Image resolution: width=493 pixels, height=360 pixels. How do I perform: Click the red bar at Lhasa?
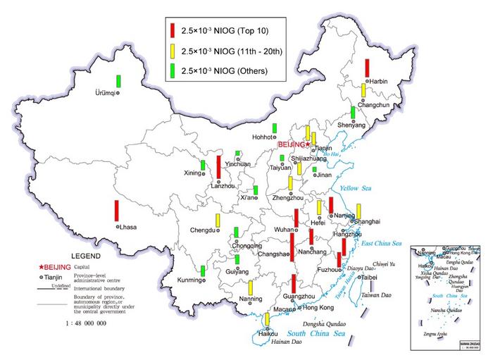[117, 211]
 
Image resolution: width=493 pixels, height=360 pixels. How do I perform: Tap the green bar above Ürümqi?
[120, 80]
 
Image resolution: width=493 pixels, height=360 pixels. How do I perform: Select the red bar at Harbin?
[367, 68]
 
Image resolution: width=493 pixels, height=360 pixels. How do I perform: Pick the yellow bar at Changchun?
[363, 90]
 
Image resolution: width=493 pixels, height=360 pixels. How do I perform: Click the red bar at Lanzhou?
[219, 167]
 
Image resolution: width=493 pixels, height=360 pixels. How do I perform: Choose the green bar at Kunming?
[203, 271]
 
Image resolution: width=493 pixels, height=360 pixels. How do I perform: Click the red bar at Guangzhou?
[293, 284]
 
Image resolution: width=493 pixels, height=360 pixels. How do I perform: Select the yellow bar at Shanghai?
[358, 211]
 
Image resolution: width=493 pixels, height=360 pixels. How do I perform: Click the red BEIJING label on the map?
[292, 144]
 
